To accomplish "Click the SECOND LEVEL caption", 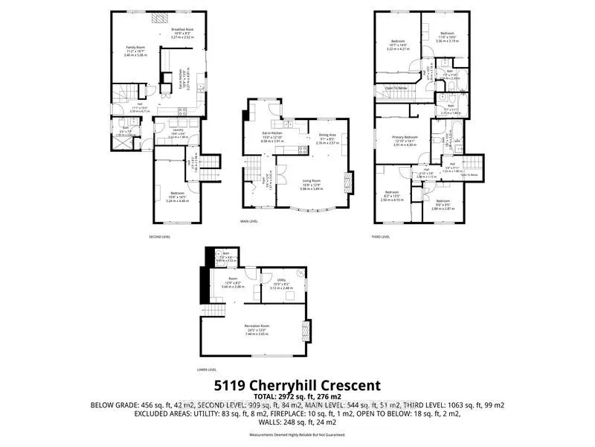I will coord(161,236).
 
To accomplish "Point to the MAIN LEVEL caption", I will coord(249,221).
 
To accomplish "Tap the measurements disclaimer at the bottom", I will coord(297,434).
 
